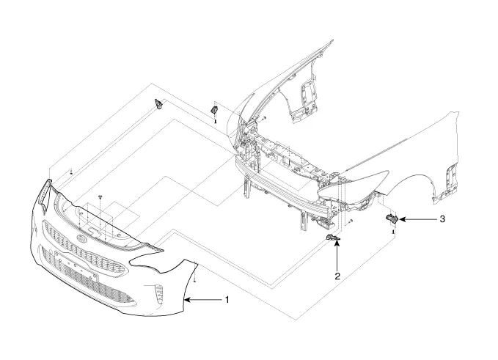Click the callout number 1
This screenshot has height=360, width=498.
click(x=227, y=300)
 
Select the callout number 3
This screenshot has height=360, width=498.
click(x=442, y=219)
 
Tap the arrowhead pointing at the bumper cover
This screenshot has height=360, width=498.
click(x=188, y=300)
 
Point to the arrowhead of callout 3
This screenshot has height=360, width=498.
click(x=400, y=219)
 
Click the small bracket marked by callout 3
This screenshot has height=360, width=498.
click(x=392, y=218)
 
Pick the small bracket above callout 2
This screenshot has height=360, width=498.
click(x=333, y=239)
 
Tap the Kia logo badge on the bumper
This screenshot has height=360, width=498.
click(x=80, y=240)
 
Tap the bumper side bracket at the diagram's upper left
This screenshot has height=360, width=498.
click(x=158, y=103)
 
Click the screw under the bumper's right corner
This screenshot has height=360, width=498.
click(x=196, y=281)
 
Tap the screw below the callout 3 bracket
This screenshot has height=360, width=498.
click(x=395, y=232)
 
